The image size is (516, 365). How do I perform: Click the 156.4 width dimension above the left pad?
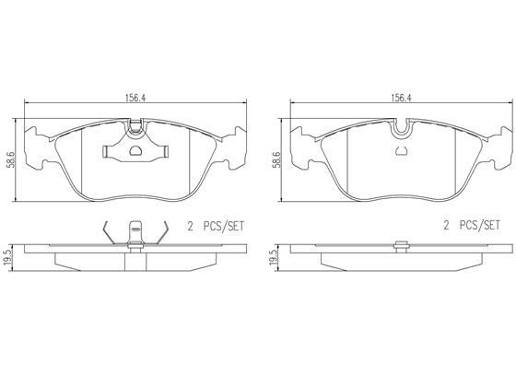tap(135, 98)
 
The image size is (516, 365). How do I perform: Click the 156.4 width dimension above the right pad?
tap(402, 98)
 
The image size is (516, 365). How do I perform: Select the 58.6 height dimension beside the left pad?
tap(11, 160)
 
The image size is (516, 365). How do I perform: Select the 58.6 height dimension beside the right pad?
tap(276, 160)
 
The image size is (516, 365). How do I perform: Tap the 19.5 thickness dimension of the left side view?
tap(8, 257)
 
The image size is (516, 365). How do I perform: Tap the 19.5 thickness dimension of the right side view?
tap(274, 257)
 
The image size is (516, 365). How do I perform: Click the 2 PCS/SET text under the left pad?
tap(216, 226)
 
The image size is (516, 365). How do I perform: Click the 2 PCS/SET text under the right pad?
tap(472, 226)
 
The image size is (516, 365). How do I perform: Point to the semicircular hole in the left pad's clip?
tap(135, 151)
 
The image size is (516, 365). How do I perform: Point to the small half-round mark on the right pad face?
tap(402, 151)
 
